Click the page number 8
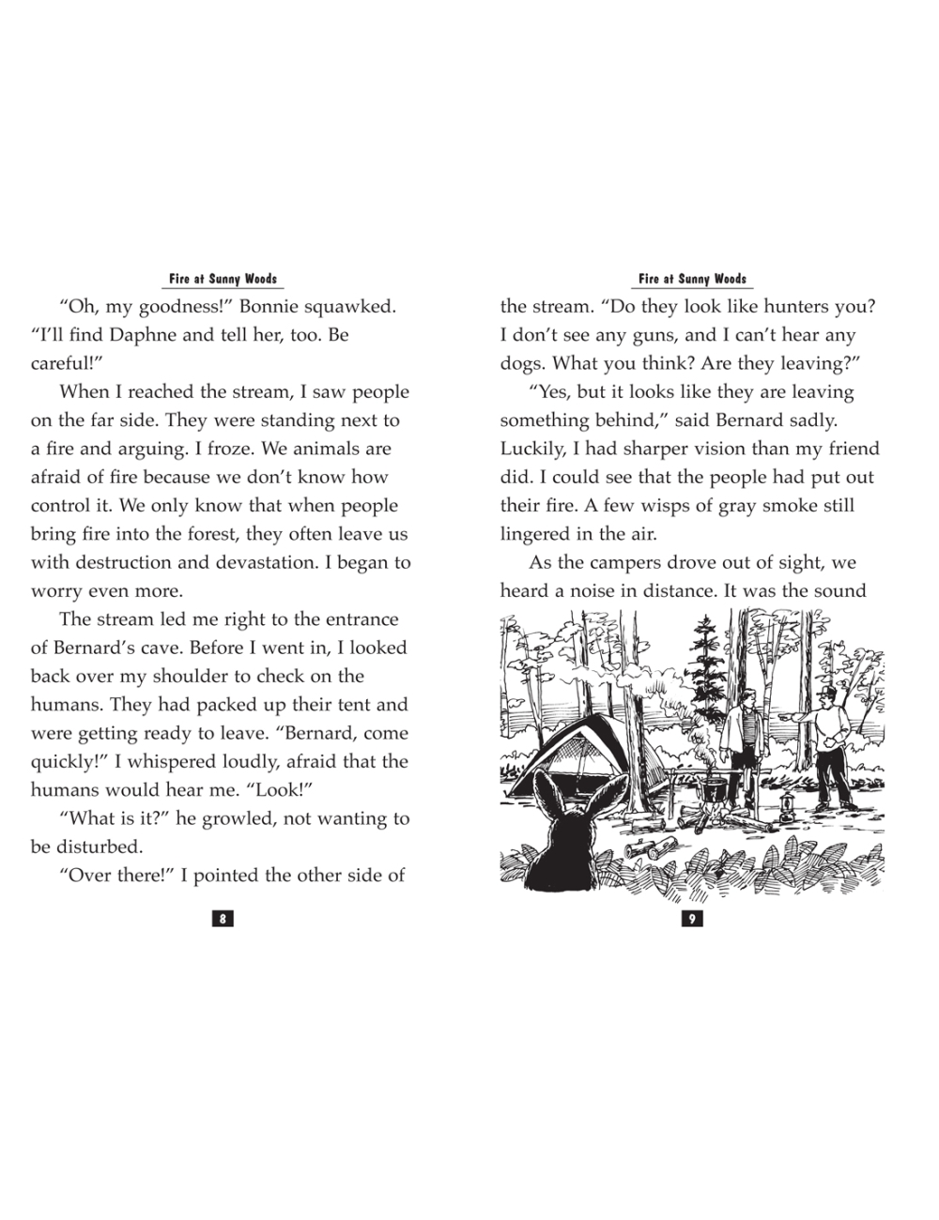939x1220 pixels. click(x=223, y=919)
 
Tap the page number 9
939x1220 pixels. click(x=692, y=919)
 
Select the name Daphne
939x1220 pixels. click(x=146, y=335)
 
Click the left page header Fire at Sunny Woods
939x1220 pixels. click(x=223, y=279)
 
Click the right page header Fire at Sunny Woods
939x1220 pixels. click(x=692, y=279)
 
